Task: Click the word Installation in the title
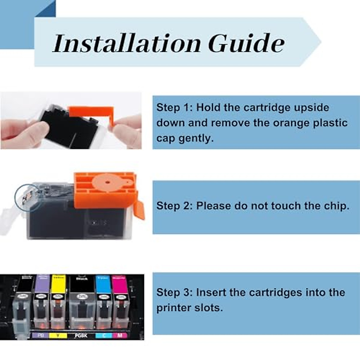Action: [x=126, y=43]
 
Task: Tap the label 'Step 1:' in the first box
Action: [x=175, y=107]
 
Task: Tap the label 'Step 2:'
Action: [x=175, y=206]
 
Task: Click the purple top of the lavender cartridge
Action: [x=42, y=284]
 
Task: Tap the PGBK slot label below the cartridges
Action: [x=81, y=335]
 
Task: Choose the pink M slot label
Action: [x=120, y=335]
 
